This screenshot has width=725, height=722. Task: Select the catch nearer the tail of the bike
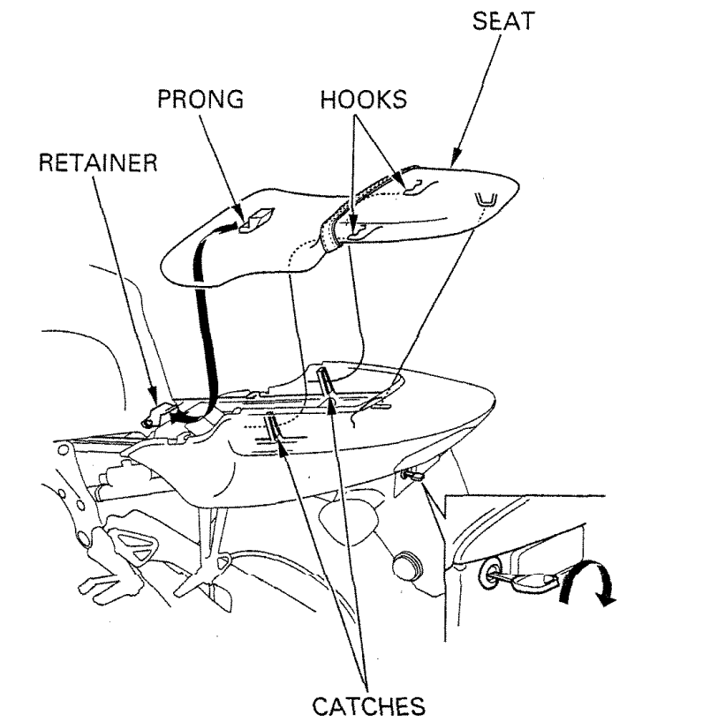tap(326, 381)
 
